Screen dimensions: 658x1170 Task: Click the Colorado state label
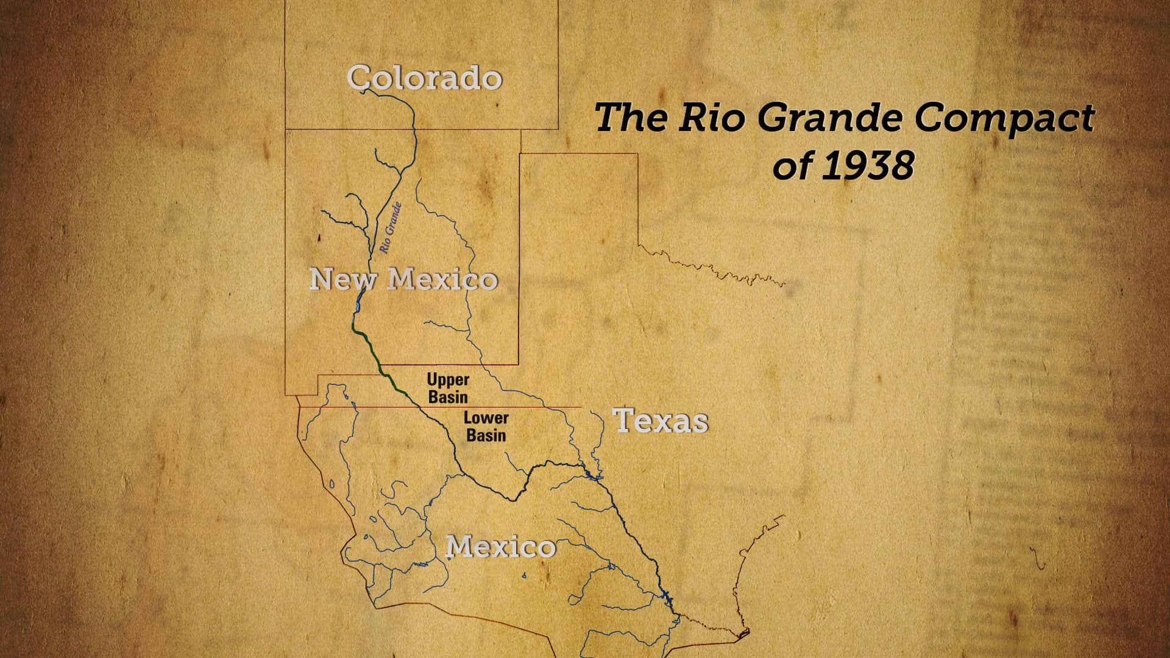tap(425, 78)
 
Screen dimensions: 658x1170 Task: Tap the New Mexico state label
tap(404, 279)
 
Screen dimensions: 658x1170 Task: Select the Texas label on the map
tap(661, 421)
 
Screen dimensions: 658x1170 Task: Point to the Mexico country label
tap(502, 547)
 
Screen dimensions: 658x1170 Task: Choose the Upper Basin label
tap(448, 388)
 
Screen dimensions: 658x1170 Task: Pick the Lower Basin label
tap(486, 426)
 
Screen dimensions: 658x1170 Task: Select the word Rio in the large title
tap(711, 118)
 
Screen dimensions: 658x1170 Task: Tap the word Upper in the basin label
tap(448, 380)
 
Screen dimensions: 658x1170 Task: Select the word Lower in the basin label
tap(486, 418)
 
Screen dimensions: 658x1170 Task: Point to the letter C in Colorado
tap(360, 78)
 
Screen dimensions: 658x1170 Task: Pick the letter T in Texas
tap(624, 420)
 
